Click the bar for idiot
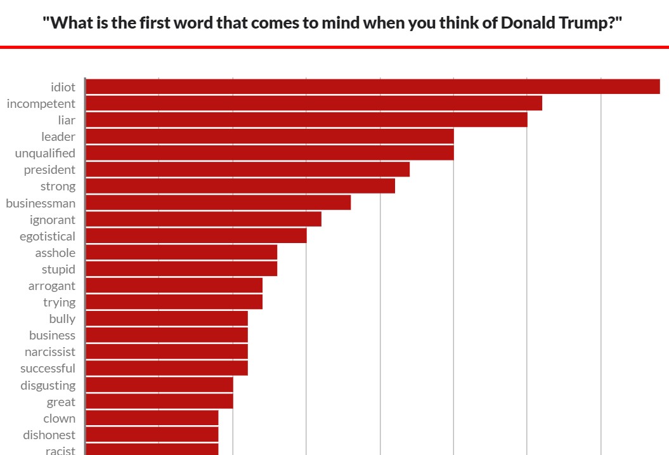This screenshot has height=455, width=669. tap(372, 86)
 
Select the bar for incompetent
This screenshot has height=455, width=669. tap(313, 103)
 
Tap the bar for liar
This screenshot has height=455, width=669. tap(306, 119)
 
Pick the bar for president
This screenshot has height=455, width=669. tap(247, 169)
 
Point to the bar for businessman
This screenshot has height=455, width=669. tap(218, 202)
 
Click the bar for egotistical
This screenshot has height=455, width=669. tap(196, 235)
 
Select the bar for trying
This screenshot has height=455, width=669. tap(174, 301)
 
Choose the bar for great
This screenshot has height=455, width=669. tap(159, 401)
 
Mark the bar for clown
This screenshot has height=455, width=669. tap(152, 418)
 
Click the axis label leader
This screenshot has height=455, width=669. tap(58, 136)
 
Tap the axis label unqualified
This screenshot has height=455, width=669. tap(45, 153)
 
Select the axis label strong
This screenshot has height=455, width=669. tap(58, 186)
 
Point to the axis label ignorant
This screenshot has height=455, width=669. tap(53, 220)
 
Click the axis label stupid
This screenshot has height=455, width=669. tap(58, 269)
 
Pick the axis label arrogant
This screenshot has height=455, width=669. tap(51, 286)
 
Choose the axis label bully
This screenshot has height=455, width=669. tap(62, 319)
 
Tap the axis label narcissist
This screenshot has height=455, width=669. tap(50, 352)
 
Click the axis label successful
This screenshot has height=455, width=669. tap(48, 368)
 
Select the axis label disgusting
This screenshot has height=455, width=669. tap(48, 385)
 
